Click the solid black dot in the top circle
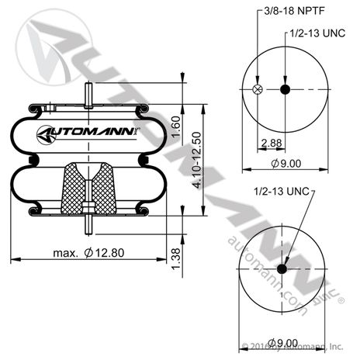(285, 91)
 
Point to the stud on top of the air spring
(90, 93)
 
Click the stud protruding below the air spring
(90, 225)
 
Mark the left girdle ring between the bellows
(31, 160)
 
